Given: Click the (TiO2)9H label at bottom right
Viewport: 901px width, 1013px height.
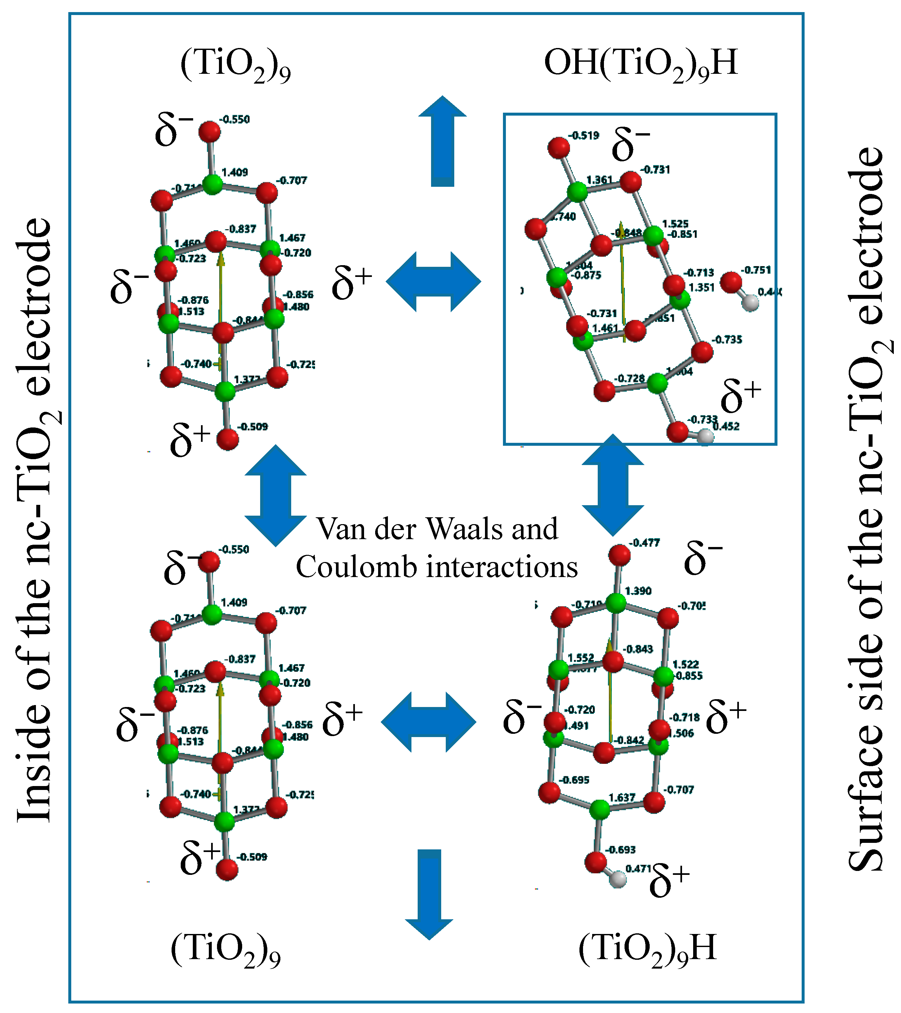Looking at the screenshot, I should [647, 948].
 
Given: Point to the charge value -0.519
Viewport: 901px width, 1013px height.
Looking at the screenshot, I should [584, 135].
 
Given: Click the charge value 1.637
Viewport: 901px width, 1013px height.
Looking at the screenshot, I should [622, 797].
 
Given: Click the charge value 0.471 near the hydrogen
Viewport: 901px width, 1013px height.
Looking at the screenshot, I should [638, 868].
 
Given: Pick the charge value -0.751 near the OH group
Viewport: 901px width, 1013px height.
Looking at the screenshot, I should [756, 270].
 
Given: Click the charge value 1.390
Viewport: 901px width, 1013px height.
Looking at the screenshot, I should [638, 591].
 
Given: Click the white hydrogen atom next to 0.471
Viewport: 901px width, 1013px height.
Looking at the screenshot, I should [618, 879].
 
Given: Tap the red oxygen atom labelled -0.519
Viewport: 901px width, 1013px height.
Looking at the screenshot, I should [559, 148].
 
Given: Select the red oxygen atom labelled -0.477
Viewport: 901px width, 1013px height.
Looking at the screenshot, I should [619, 555].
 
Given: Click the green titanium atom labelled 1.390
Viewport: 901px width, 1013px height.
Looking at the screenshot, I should [616, 603].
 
